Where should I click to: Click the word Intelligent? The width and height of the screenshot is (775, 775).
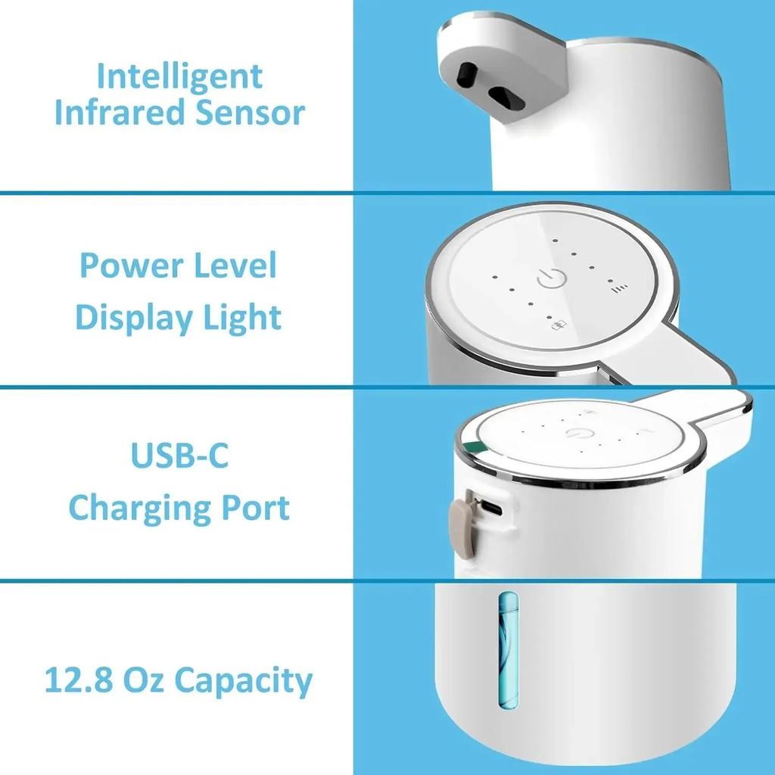click(179, 77)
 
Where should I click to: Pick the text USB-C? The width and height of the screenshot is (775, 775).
click(179, 457)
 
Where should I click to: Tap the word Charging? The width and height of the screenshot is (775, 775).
click(133, 509)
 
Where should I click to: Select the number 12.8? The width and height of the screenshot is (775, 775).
click(78, 680)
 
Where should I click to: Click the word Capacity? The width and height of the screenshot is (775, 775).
click(242, 681)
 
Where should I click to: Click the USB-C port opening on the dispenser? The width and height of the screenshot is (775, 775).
click(490, 507)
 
